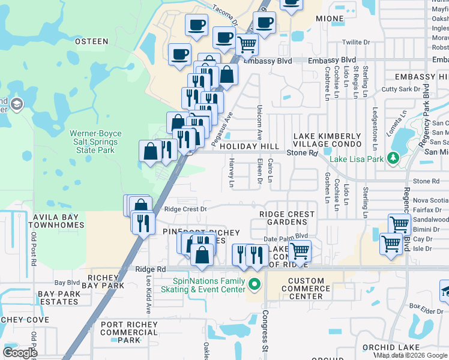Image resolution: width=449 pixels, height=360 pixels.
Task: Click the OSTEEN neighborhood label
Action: click(x=91, y=41)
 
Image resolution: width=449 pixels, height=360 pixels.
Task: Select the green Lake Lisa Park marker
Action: click(x=393, y=158)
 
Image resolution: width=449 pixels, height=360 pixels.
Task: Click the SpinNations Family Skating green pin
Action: click(x=255, y=285)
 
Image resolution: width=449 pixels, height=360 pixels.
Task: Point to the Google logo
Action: click(x=20, y=352)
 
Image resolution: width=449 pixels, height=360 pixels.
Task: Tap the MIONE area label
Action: click(x=330, y=19)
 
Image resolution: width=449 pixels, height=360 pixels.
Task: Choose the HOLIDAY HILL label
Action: click(x=249, y=146)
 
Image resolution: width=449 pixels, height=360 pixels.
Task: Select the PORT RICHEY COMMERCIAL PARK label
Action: click(x=129, y=332)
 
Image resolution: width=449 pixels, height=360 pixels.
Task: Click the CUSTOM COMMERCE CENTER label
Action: click(x=315, y=289)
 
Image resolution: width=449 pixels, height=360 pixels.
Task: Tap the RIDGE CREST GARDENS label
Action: click(x=287, y=218)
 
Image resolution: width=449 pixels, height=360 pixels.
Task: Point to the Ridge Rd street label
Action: click(x=150, y=269)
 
